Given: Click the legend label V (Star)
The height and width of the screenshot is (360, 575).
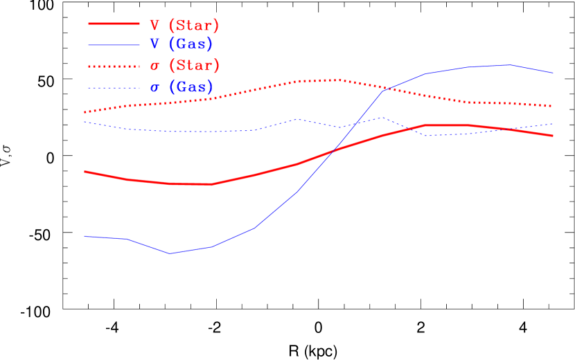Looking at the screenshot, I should pos(184,26).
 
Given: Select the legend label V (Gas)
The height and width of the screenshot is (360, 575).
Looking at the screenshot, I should pos(181,44).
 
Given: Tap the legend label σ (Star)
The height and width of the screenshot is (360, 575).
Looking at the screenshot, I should pos(184,66).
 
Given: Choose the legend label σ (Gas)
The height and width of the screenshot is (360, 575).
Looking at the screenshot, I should pos(181,87).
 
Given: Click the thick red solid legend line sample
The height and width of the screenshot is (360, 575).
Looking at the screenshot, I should pos(114,24).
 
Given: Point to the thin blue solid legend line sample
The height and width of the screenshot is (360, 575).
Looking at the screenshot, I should pos(114,44).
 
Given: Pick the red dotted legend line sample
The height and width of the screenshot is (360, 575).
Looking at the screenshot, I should pos(114,66).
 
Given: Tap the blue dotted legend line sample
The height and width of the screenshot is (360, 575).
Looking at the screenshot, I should pos(114,87).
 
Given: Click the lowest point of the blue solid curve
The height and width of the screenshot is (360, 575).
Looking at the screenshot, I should pos(170,253).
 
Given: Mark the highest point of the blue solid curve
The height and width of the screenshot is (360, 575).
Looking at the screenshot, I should pos(511,65).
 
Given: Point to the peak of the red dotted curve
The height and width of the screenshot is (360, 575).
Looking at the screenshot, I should pos(337,80).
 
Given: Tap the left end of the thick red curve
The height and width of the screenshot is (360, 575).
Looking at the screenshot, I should pos(85,171).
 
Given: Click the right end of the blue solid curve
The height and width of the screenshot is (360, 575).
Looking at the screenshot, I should pos(554,73).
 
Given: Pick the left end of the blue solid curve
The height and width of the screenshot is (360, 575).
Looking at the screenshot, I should pos(85,236).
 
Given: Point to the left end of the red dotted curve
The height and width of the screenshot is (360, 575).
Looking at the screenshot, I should pos(85,112).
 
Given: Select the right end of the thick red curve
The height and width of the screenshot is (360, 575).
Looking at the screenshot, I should pos(554,136).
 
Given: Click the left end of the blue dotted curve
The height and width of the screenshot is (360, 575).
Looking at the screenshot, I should pos(85,122).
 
